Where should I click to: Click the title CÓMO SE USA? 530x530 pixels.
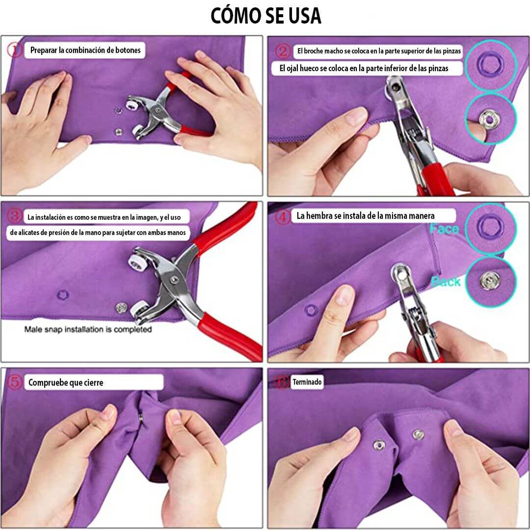(265, 16)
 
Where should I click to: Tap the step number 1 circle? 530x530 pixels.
(15, 50)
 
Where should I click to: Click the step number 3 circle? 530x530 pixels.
(16, 215)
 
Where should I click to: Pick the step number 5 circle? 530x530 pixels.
(16, 382)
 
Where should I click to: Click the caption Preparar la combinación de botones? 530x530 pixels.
(85, 50)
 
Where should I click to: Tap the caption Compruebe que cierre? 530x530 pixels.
(66, 382)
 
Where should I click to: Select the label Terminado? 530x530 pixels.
(307, 381)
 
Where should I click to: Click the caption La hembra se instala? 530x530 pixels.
(365, 215)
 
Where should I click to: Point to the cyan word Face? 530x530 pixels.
(444, 229)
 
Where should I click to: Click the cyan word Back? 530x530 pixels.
(446, 281)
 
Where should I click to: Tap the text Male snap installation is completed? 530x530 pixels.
(88, 329)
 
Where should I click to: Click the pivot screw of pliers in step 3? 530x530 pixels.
(173, 280)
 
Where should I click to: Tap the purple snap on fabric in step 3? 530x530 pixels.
(62, 295)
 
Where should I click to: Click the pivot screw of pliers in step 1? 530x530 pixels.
(158, 112)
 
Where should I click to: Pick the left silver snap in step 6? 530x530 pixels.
(379, 445)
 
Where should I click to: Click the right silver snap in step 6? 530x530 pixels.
(418, 434)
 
